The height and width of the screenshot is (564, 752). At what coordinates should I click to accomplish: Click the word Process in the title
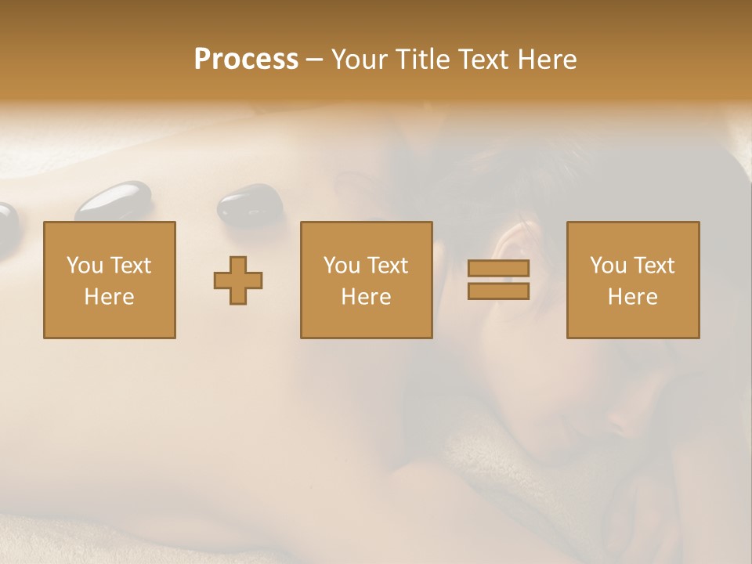tap(246, 60)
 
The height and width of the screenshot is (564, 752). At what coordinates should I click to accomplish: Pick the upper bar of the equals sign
tap(498, 268)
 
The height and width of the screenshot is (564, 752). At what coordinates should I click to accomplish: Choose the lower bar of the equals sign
tap(498, 291)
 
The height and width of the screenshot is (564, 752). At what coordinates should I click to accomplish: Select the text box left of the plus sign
tap(110, 280)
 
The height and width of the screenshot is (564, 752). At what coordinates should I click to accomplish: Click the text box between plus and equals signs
tap(367, 280)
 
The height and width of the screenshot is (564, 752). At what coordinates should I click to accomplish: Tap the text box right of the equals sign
tap(633, 280)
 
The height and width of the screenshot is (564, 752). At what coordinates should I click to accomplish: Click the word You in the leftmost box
tap(85, 266)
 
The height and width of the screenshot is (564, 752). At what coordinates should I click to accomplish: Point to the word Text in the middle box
tap(388, 266)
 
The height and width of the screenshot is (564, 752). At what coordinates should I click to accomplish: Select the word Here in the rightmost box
tap(633, 297)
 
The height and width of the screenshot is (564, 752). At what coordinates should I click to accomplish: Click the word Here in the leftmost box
tap(110, 297)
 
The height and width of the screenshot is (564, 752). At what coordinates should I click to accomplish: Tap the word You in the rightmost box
tap(609, 266)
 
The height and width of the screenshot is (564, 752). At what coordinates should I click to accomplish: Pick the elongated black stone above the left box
tap(114, 201)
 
